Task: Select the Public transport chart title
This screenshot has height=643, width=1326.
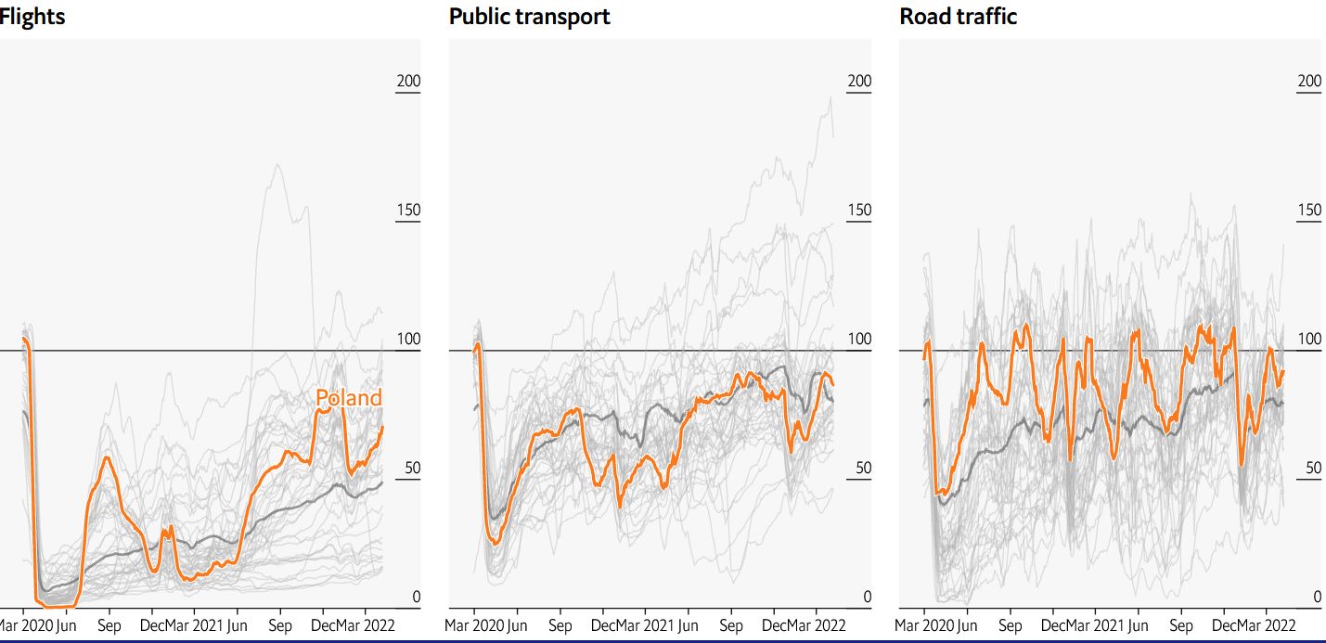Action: click(x=529, y=16)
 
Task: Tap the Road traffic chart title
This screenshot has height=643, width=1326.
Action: click(x=958, y=16)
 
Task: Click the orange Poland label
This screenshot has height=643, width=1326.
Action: click(x=348, y=398)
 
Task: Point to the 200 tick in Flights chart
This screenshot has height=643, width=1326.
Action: click(x=408, y=82)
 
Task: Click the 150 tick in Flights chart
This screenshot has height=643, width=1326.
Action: click(x=408, y=210)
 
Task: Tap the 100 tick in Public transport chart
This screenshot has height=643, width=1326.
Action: click(x=859, y=339)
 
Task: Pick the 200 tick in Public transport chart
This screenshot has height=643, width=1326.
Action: click(x=859, y=82)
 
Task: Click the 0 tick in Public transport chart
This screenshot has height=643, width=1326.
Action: click(x=867, y=597)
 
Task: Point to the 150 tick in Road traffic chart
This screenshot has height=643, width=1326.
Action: click(x=1309, y=210)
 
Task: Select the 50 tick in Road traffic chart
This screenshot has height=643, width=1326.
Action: click(x=1313, y=468)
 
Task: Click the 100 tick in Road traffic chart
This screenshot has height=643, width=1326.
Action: click(x=1309, y=339)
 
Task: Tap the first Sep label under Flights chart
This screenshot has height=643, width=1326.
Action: click(x=109, y=625)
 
